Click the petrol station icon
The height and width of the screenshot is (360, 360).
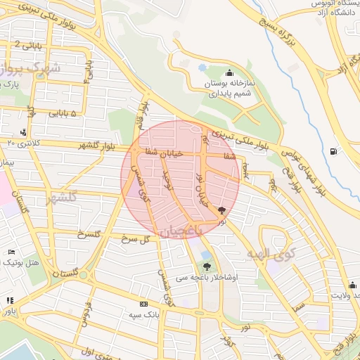(x=333, y=150)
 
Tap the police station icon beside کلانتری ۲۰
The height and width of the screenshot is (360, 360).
(x=24, y=131)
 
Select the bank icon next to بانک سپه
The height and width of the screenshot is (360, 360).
(x=144, y=304)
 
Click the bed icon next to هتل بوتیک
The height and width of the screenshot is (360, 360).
(x=10, y=252)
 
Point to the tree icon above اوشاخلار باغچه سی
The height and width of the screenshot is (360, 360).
(x=206, y=266)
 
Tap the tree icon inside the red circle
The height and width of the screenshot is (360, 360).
(x=222, y=210)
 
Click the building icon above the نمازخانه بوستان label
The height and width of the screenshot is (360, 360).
(x=229, y=73)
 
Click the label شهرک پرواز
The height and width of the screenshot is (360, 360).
(x=28, y=70)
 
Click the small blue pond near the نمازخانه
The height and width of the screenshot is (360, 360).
(x=202, y=67)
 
